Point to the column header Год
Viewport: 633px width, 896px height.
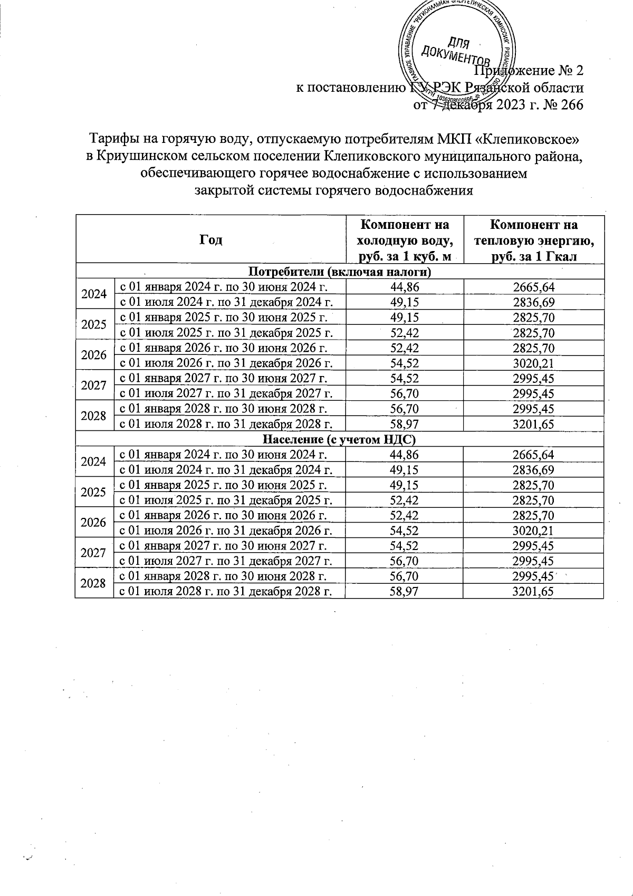(x=211, y=240)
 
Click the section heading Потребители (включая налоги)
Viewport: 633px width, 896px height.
(x=339, y=272)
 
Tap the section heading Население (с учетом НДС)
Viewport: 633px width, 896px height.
(x=339, y=439)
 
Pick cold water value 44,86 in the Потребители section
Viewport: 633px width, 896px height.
(x=405, y=287)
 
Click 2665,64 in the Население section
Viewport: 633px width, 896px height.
(x=533, y=454)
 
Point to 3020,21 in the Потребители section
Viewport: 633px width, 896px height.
(x=533, y=363)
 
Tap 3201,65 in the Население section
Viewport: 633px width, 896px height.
(x=533, y=591)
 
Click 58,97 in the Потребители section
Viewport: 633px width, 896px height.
(x=405, y=423)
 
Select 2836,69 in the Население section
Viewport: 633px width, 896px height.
(x=533, y=469)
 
